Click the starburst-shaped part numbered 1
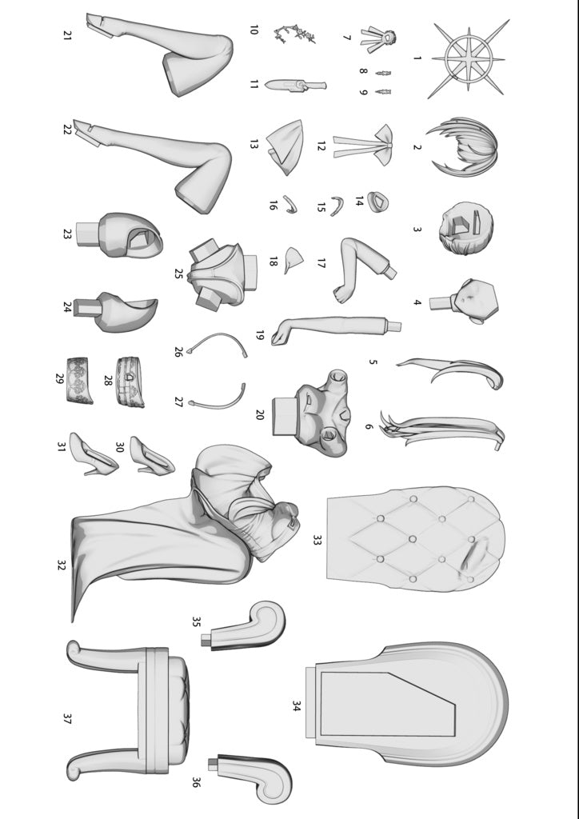(469, 58)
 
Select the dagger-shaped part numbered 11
(295, 85)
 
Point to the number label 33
(317, 540)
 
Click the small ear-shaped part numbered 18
(294, 260)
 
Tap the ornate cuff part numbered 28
(130, 382)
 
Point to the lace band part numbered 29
(80, 380)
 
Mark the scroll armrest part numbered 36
(250, 777)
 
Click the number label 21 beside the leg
(67, 35)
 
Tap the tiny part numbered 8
(383, 73)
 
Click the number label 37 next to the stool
(67, 719)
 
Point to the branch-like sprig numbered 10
(294, 34)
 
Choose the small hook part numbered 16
(290, 204)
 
